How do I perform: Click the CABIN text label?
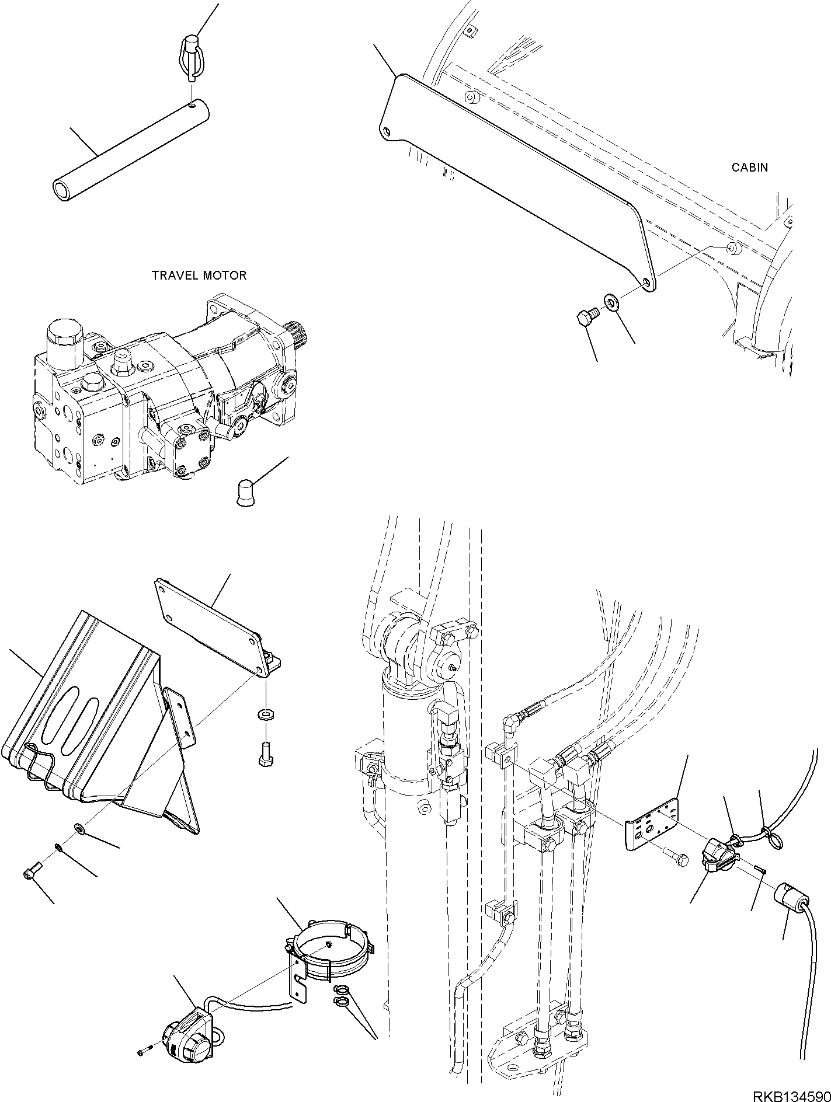tap(750, 168)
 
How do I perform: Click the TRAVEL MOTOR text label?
tap(199, 275)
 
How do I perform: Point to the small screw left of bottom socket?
tap(145, 1035)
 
